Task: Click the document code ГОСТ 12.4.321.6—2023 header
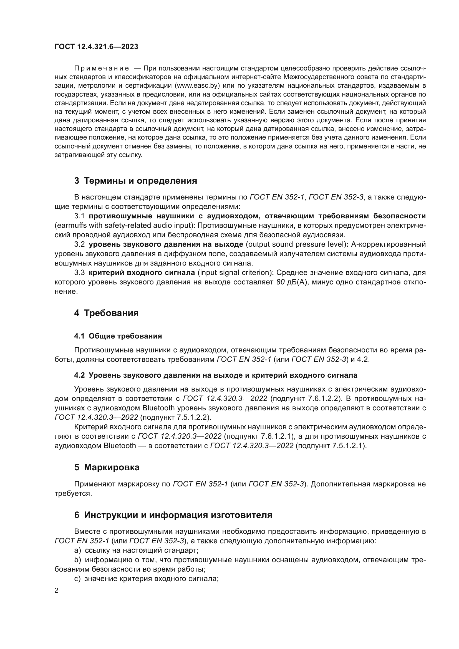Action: (x=96, y=47)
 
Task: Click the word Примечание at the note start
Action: (x=102, y=69)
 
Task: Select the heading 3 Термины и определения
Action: (x=136, y=181)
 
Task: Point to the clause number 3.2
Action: (x=79, y=244)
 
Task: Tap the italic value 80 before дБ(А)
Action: (x=280, y=282)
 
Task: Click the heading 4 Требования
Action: (x=106, y=313)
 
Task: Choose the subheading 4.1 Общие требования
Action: (x=118, y=336)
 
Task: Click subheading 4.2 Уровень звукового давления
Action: (x=215, y=375)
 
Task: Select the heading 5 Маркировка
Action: (x=107, y=468)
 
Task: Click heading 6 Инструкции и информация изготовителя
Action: (x=173, y=515)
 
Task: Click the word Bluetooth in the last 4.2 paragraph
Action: (x=120, y=446)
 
